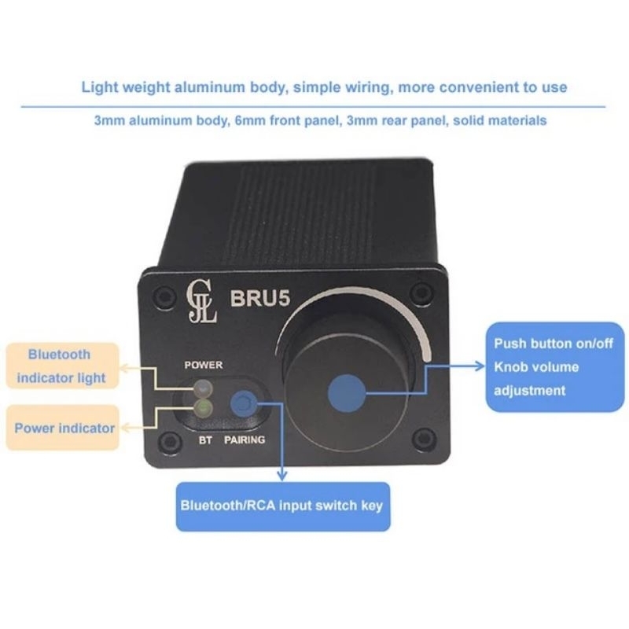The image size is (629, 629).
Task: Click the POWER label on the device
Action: tap(204, 366)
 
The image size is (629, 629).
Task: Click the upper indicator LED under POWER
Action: tap(205, 388)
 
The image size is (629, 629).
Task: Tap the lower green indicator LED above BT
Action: tap(205, 406)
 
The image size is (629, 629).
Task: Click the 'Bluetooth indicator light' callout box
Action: tap(61, 366)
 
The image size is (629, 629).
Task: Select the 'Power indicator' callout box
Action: tap(64, 428)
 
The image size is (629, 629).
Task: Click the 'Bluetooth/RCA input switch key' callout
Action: tap(281, 505)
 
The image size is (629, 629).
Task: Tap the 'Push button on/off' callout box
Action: tap(554, 366)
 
